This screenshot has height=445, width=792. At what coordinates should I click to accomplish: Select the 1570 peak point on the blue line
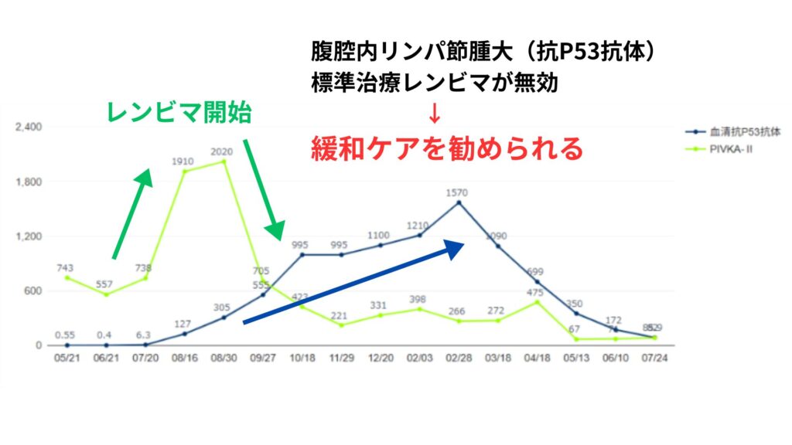point(459,202)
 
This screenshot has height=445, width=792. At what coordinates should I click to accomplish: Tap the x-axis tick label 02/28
point(459,360)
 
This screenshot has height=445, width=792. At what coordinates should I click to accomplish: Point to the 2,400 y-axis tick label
point(29,127)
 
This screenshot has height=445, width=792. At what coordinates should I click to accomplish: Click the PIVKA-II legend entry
point(731,148)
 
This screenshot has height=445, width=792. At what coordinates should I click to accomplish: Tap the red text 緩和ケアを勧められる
point(446,148)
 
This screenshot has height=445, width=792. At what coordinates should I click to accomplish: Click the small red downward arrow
point(434,113)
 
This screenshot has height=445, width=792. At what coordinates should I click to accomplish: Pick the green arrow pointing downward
point(263,189)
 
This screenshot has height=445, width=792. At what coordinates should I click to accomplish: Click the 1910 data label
point(184,161)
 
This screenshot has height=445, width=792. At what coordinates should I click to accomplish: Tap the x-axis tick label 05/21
point(66,360)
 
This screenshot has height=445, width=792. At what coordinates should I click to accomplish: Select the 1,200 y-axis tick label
point(29,236)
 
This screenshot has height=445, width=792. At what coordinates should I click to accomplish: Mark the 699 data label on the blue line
point(535,272)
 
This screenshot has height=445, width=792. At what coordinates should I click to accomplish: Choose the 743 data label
point(66,267)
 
